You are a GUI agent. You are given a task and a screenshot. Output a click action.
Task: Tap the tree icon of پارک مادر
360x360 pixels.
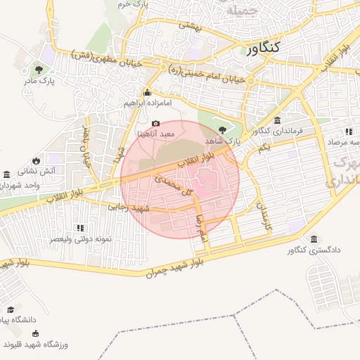pos(38,70)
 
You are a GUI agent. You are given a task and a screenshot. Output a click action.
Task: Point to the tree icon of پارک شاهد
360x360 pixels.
pos(223,129)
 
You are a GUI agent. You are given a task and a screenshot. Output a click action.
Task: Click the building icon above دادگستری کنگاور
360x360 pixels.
pos(313,239)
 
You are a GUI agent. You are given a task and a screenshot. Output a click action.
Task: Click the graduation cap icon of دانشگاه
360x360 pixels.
pos(11,309)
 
